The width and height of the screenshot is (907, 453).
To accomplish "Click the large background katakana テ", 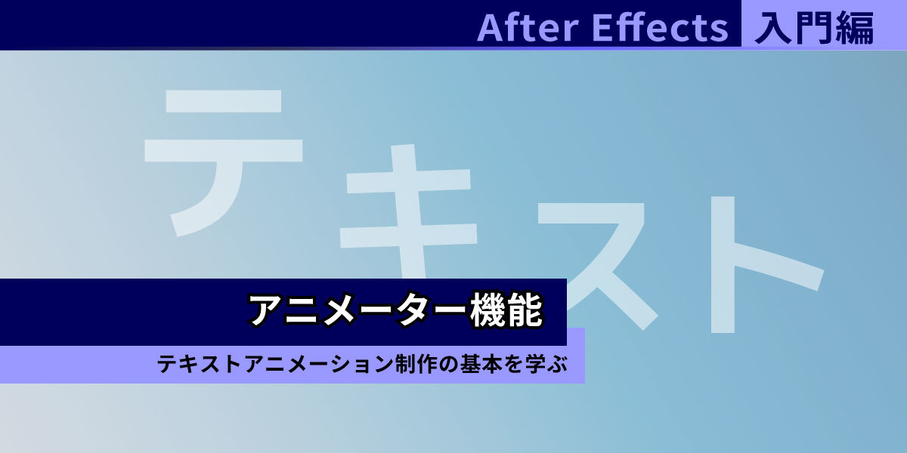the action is point(224,162).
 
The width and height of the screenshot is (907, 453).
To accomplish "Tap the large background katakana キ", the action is point(408,211).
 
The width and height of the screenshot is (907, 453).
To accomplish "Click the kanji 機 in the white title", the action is point(488,310).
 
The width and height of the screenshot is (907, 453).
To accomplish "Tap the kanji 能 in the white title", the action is point(525,310).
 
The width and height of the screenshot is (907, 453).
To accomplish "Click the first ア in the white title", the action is point(265,310).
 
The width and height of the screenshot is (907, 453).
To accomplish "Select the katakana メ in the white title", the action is point(340,310).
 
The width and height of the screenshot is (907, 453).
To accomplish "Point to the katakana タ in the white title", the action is point(414,310).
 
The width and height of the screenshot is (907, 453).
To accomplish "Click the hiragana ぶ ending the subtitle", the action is point(557,364).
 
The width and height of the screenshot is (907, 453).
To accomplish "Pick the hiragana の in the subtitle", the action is point(450,364).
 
